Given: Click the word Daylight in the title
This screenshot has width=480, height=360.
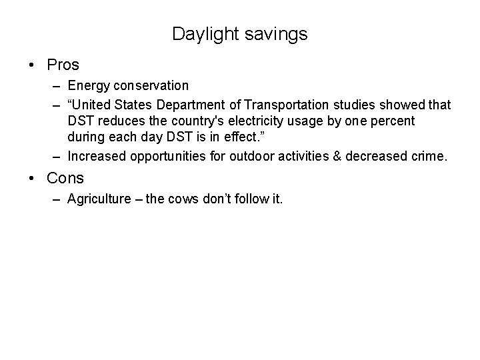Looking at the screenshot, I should [201, 34].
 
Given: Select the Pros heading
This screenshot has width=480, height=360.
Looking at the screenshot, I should [63, 65].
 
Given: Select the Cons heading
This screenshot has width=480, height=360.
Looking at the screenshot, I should [65, 178].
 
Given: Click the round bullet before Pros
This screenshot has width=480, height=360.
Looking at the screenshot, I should [32, 65].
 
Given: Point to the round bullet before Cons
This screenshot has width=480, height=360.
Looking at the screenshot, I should [32, 178].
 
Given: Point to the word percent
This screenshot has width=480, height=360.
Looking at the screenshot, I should [391, 121].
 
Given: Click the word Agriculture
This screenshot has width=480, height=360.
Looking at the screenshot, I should [97, 199].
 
